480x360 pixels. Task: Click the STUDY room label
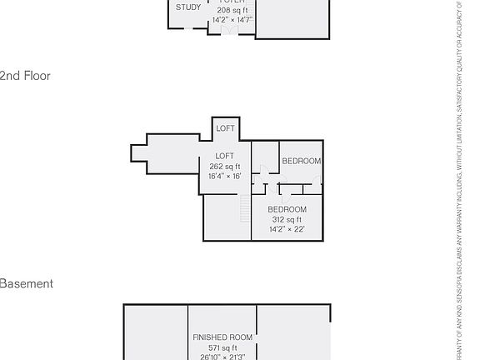(188, 7)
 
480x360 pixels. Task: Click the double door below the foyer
(227, 31)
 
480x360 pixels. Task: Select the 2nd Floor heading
(25, 76)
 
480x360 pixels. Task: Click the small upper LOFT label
(225, 128)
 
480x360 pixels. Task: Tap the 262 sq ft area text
(225, 167)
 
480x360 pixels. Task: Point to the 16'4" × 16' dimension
(225, 177)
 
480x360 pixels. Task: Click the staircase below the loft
(244, 207)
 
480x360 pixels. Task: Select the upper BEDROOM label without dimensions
(302, 161)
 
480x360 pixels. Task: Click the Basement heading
(26, 284)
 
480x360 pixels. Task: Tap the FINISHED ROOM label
(222, 337)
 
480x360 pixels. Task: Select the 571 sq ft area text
(222, 347)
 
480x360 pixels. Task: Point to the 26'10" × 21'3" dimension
(222, 357)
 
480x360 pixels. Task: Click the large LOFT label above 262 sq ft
(225, 157)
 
